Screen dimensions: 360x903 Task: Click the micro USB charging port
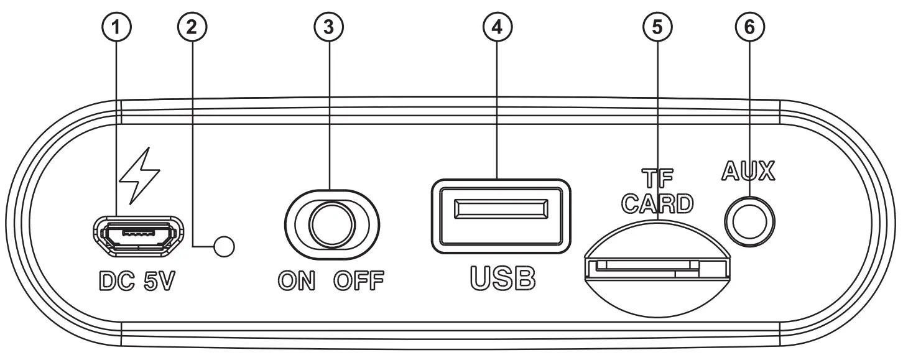coord(138,234)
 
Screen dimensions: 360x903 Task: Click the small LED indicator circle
coord(224,247)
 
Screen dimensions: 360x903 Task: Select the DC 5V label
coord(136,282)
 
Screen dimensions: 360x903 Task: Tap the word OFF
coord(359,282)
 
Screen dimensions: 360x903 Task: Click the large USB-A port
coord(500,216)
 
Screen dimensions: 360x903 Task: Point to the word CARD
coord(658,203)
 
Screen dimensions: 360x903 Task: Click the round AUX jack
coord(751,219)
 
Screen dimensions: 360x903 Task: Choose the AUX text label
coord(748,172)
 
